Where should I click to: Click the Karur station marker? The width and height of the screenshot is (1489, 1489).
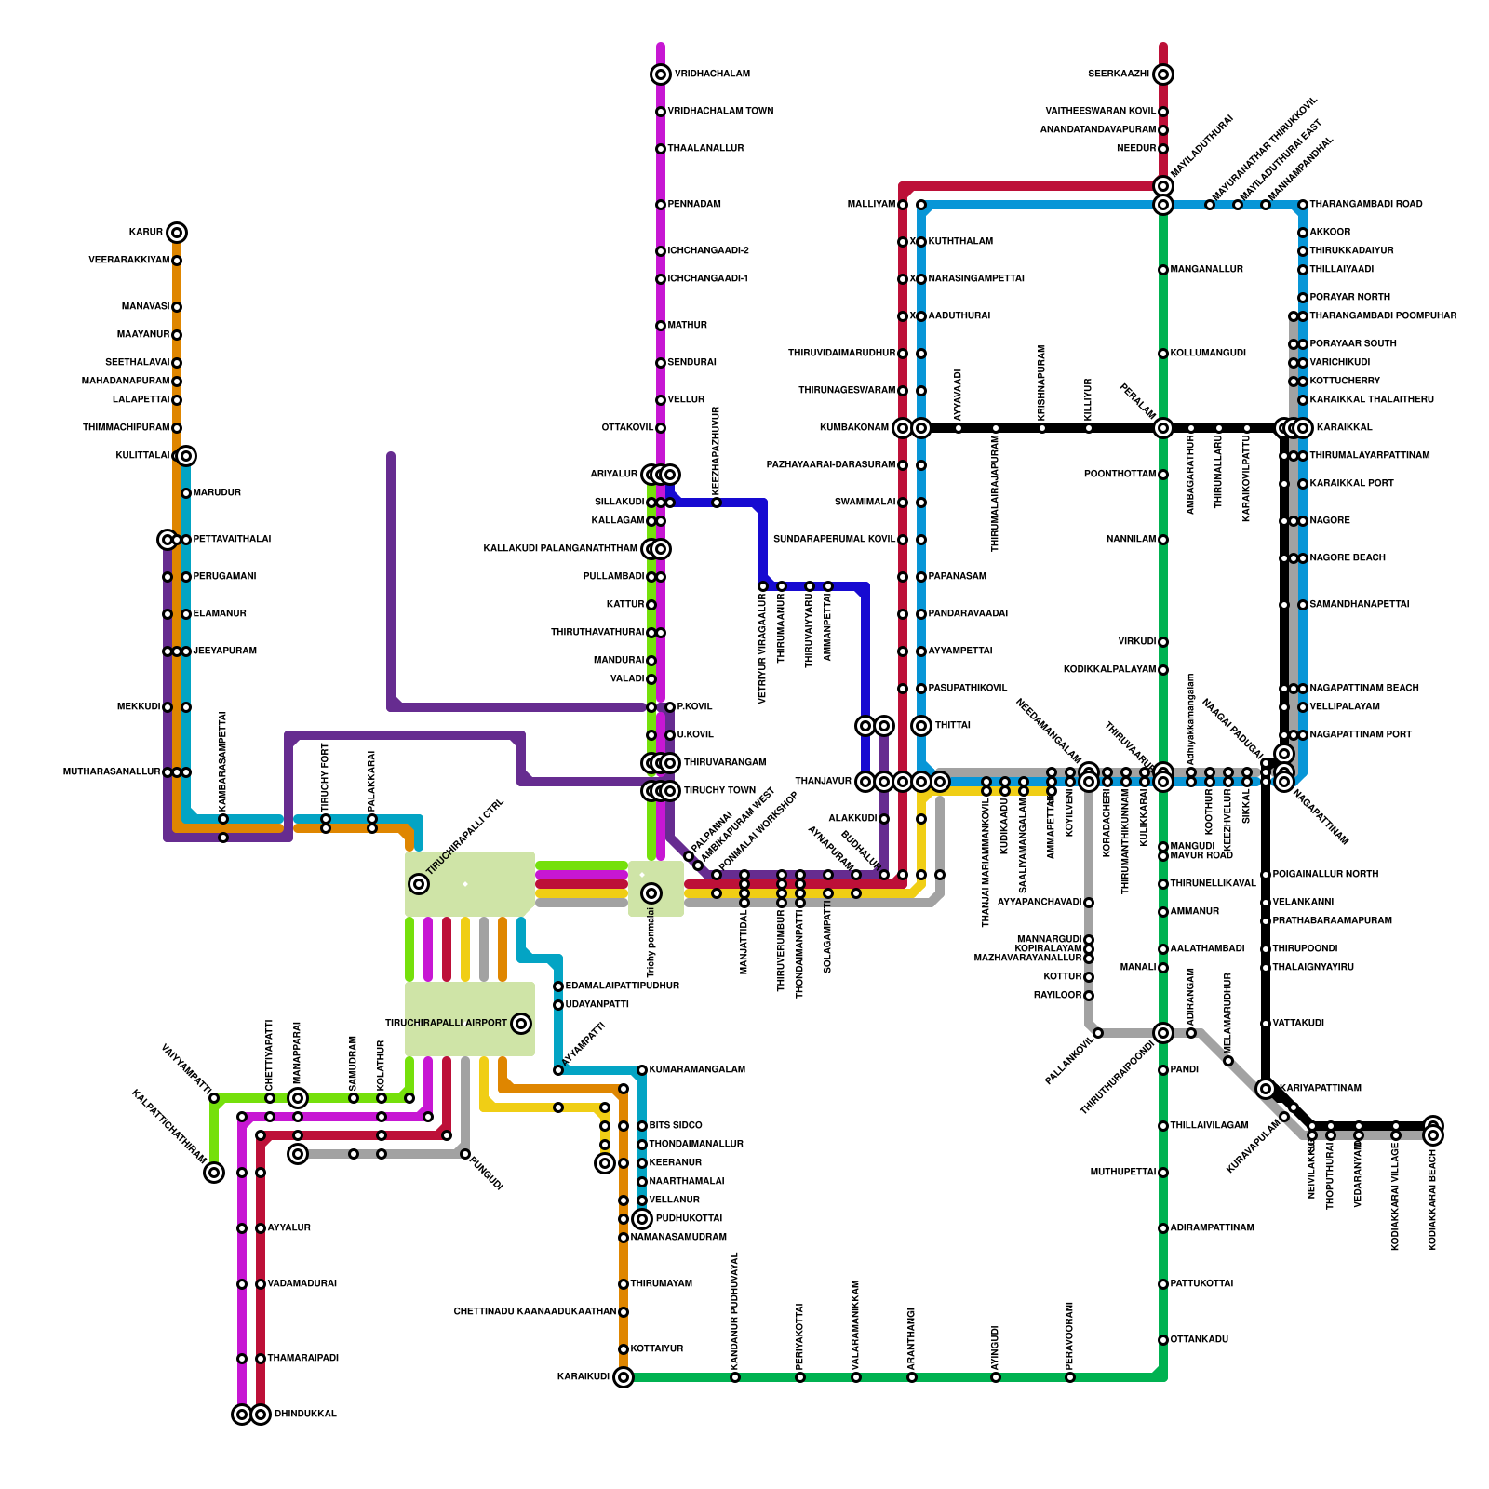click(177, 233)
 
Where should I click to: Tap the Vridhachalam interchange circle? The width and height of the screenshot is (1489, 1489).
click(661, 74)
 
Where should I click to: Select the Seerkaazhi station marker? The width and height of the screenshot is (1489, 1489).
click(1163, 74)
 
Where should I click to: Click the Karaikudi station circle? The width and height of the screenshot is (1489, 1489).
click(624, 1377)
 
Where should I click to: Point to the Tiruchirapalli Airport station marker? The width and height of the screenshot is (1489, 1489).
click(521, 1024)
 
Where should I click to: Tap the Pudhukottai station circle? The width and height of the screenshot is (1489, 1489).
click(642, 1219)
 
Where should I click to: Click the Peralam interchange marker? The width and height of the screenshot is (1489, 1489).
click(1163, 428)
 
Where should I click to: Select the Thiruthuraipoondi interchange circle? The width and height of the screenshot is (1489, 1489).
click(1163, 1033)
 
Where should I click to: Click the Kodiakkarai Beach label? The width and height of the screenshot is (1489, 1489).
click(1432, 1201)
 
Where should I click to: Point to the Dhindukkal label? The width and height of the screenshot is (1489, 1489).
click(305, 1415)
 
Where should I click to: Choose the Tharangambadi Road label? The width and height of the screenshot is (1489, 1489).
click(1365, 205)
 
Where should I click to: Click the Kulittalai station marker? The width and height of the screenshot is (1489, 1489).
click(186, 456)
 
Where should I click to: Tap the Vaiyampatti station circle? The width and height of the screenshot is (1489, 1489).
click(214, 1173)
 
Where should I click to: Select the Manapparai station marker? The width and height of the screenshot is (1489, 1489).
click(298, 1098)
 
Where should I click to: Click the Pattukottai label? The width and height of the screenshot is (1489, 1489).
click(1201, 1284)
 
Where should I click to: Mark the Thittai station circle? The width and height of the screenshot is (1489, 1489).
click(921, 726)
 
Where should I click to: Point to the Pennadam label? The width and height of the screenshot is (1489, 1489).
click(694, 205)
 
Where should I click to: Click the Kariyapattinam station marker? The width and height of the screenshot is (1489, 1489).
click(1266, 1089)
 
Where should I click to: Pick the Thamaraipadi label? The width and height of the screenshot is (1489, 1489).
click(302, 1359)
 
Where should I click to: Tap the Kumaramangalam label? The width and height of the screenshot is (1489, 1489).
click(697, 1070)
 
